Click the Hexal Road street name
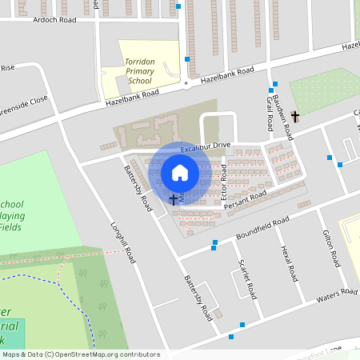click(290, 263)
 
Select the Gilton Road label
click(332, 249)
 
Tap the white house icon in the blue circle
click(180, 173)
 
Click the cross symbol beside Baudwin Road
click(295, 117)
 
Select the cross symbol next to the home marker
click(174, 198)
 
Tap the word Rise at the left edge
click(7, 68)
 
